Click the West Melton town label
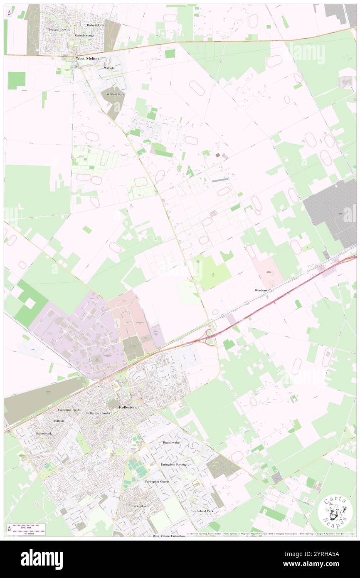(x=87, y=59)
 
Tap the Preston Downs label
(x=59, y=30)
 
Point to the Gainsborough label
(x=85, y=35)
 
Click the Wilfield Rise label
(x=115, y=94)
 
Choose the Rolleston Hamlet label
(x=98, y=413)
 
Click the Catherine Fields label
(x=69, y=410)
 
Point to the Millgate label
(x=59, y=421)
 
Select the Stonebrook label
(x=44, y=433)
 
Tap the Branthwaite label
(x=171, y=442)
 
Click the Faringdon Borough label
(x=174, y=464)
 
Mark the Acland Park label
(x=205, y=511)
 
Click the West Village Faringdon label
(x=168, y=536)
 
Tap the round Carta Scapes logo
(x=335, y=512)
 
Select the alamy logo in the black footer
(x=42, y=559)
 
